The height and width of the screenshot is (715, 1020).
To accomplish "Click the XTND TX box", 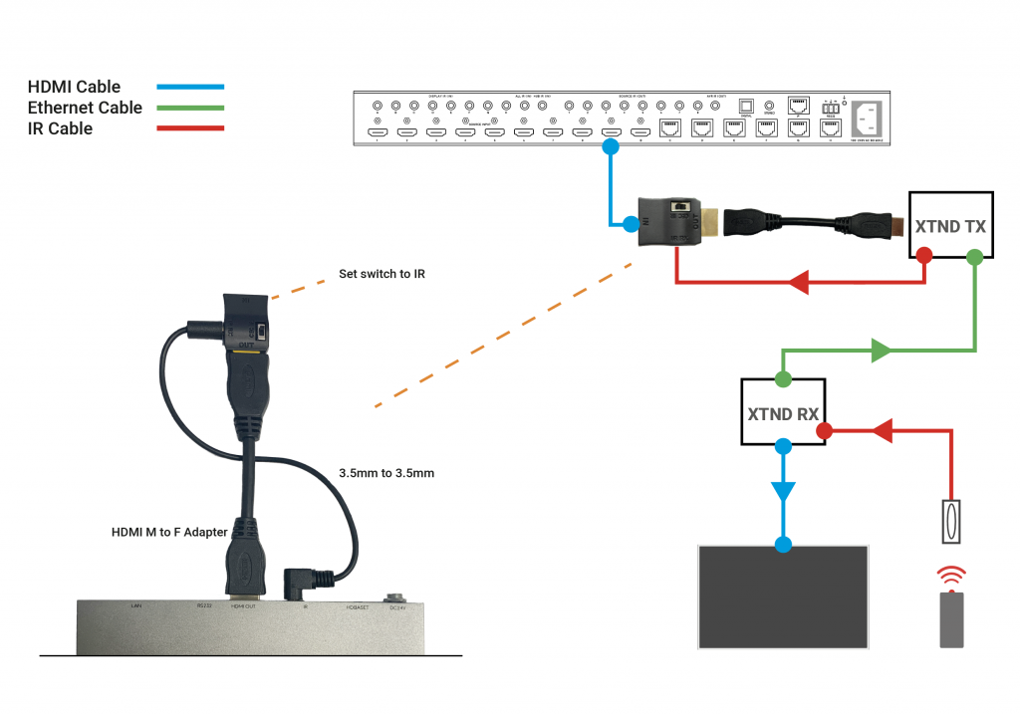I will click(x=950, y=226).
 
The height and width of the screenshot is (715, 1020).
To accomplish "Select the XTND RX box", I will click(x=783, y=412).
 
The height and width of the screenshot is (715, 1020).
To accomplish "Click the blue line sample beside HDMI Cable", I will click(x=189, y=88).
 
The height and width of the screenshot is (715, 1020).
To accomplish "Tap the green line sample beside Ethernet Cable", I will click(x=189, y=108).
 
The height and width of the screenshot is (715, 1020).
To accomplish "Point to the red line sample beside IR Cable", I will click(x=189, y=128).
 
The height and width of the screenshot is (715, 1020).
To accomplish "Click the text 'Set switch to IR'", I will click(x=382, y=274).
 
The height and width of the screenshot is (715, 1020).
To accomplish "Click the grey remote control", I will click(x=951, y=619).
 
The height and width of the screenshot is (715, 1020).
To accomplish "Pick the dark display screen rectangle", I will click(x=784, y=594).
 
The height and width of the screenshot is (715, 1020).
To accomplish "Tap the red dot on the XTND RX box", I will click(x=824, y=431).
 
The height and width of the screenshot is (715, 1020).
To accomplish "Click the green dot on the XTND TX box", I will click(x=974, y=256).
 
